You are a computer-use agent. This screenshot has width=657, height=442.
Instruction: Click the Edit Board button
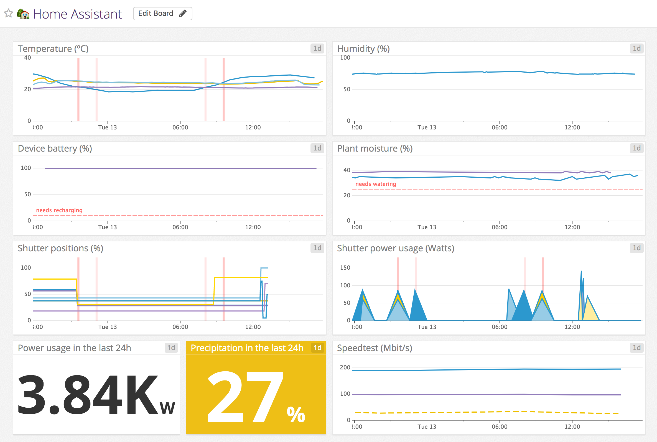(x=162, y=14)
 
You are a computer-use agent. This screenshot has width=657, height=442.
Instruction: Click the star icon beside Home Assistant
(x=9, y=13)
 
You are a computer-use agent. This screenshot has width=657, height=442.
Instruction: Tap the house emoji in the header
(x=23, y=14)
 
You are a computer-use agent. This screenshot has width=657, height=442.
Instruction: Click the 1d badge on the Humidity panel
(x=636, y=48)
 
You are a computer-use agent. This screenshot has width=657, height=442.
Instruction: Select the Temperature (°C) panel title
(x=53, y=49)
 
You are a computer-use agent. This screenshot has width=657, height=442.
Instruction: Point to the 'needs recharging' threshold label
(x=59, y=210)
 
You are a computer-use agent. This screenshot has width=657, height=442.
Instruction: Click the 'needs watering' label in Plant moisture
(x=376, y=184)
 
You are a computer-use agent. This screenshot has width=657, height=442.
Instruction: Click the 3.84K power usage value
(x=87, y=395)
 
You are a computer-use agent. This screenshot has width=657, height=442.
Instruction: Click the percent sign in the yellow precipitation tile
(x=296, y=415)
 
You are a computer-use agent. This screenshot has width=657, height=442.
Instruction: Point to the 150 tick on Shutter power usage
(x=345, y=268)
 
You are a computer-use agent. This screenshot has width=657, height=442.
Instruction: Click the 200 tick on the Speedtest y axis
(x=345, y=367)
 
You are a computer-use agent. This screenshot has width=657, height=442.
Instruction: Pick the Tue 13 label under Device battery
(x=108, y=227)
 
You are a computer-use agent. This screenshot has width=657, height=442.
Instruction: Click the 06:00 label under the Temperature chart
(x=180, y=127)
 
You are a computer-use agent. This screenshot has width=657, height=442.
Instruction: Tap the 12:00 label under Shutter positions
(x=253, y=327)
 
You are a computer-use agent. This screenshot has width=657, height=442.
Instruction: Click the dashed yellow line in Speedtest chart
(x=479, y=412)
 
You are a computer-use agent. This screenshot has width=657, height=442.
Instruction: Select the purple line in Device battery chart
(x=180, y=168)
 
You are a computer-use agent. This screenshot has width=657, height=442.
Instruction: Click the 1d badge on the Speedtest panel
(x=636, y=348)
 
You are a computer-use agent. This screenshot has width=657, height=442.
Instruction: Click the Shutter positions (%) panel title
(x=60, y=248)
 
